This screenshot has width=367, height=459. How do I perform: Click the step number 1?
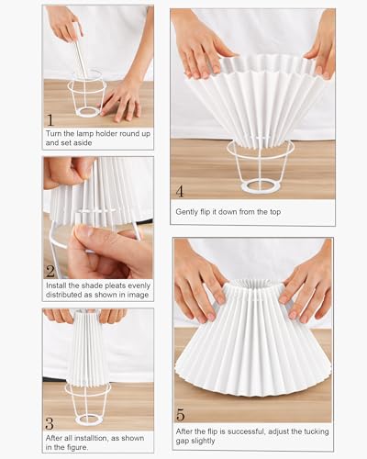pos(50,119)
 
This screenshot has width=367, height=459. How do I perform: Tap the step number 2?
pos(50,271)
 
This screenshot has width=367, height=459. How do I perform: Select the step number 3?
pos(50,424)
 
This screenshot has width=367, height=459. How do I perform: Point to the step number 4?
pos(180,191)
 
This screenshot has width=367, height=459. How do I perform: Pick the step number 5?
pos(181,415)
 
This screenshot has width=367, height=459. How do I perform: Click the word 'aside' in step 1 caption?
pos(83,143)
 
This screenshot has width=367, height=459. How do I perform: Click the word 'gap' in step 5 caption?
pos(182,442)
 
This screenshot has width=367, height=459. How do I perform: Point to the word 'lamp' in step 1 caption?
pos(84,134)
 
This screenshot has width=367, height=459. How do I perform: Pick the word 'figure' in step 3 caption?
pos(77,448)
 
